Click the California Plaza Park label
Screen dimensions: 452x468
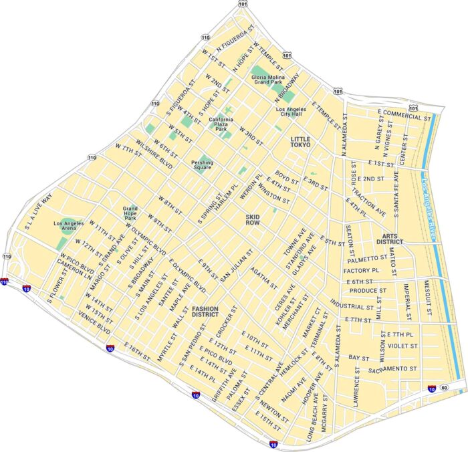tap(221, 124)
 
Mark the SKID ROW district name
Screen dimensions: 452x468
tap(253, 221)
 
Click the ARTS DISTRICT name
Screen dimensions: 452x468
tap(389, 239)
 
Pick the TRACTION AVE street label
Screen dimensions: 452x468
tap(369, 202)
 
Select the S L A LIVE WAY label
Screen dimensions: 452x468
tap(38, 213)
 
